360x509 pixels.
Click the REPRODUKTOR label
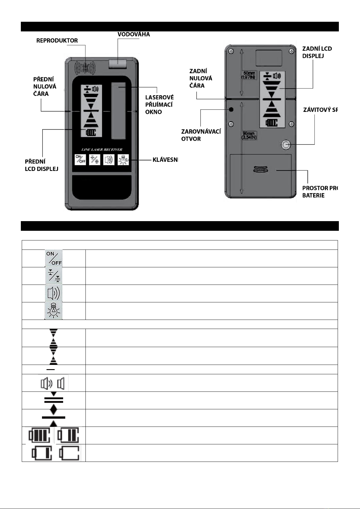57,40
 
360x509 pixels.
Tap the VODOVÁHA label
133,34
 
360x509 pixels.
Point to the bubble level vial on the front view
118,63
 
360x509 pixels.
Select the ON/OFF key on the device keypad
80,159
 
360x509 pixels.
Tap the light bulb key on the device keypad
123,159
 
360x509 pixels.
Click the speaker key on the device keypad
109,159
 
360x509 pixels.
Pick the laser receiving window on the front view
118,111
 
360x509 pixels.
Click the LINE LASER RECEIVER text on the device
102,150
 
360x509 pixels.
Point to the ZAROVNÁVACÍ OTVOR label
201,135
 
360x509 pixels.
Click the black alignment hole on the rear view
231,109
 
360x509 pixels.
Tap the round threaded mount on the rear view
285,145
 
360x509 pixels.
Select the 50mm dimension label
249,75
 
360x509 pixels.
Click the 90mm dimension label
249,136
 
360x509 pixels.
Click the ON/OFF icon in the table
54,258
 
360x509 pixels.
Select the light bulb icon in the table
54,311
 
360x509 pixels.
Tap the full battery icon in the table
40,435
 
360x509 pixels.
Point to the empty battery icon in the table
69,453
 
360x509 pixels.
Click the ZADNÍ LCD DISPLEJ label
317,52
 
